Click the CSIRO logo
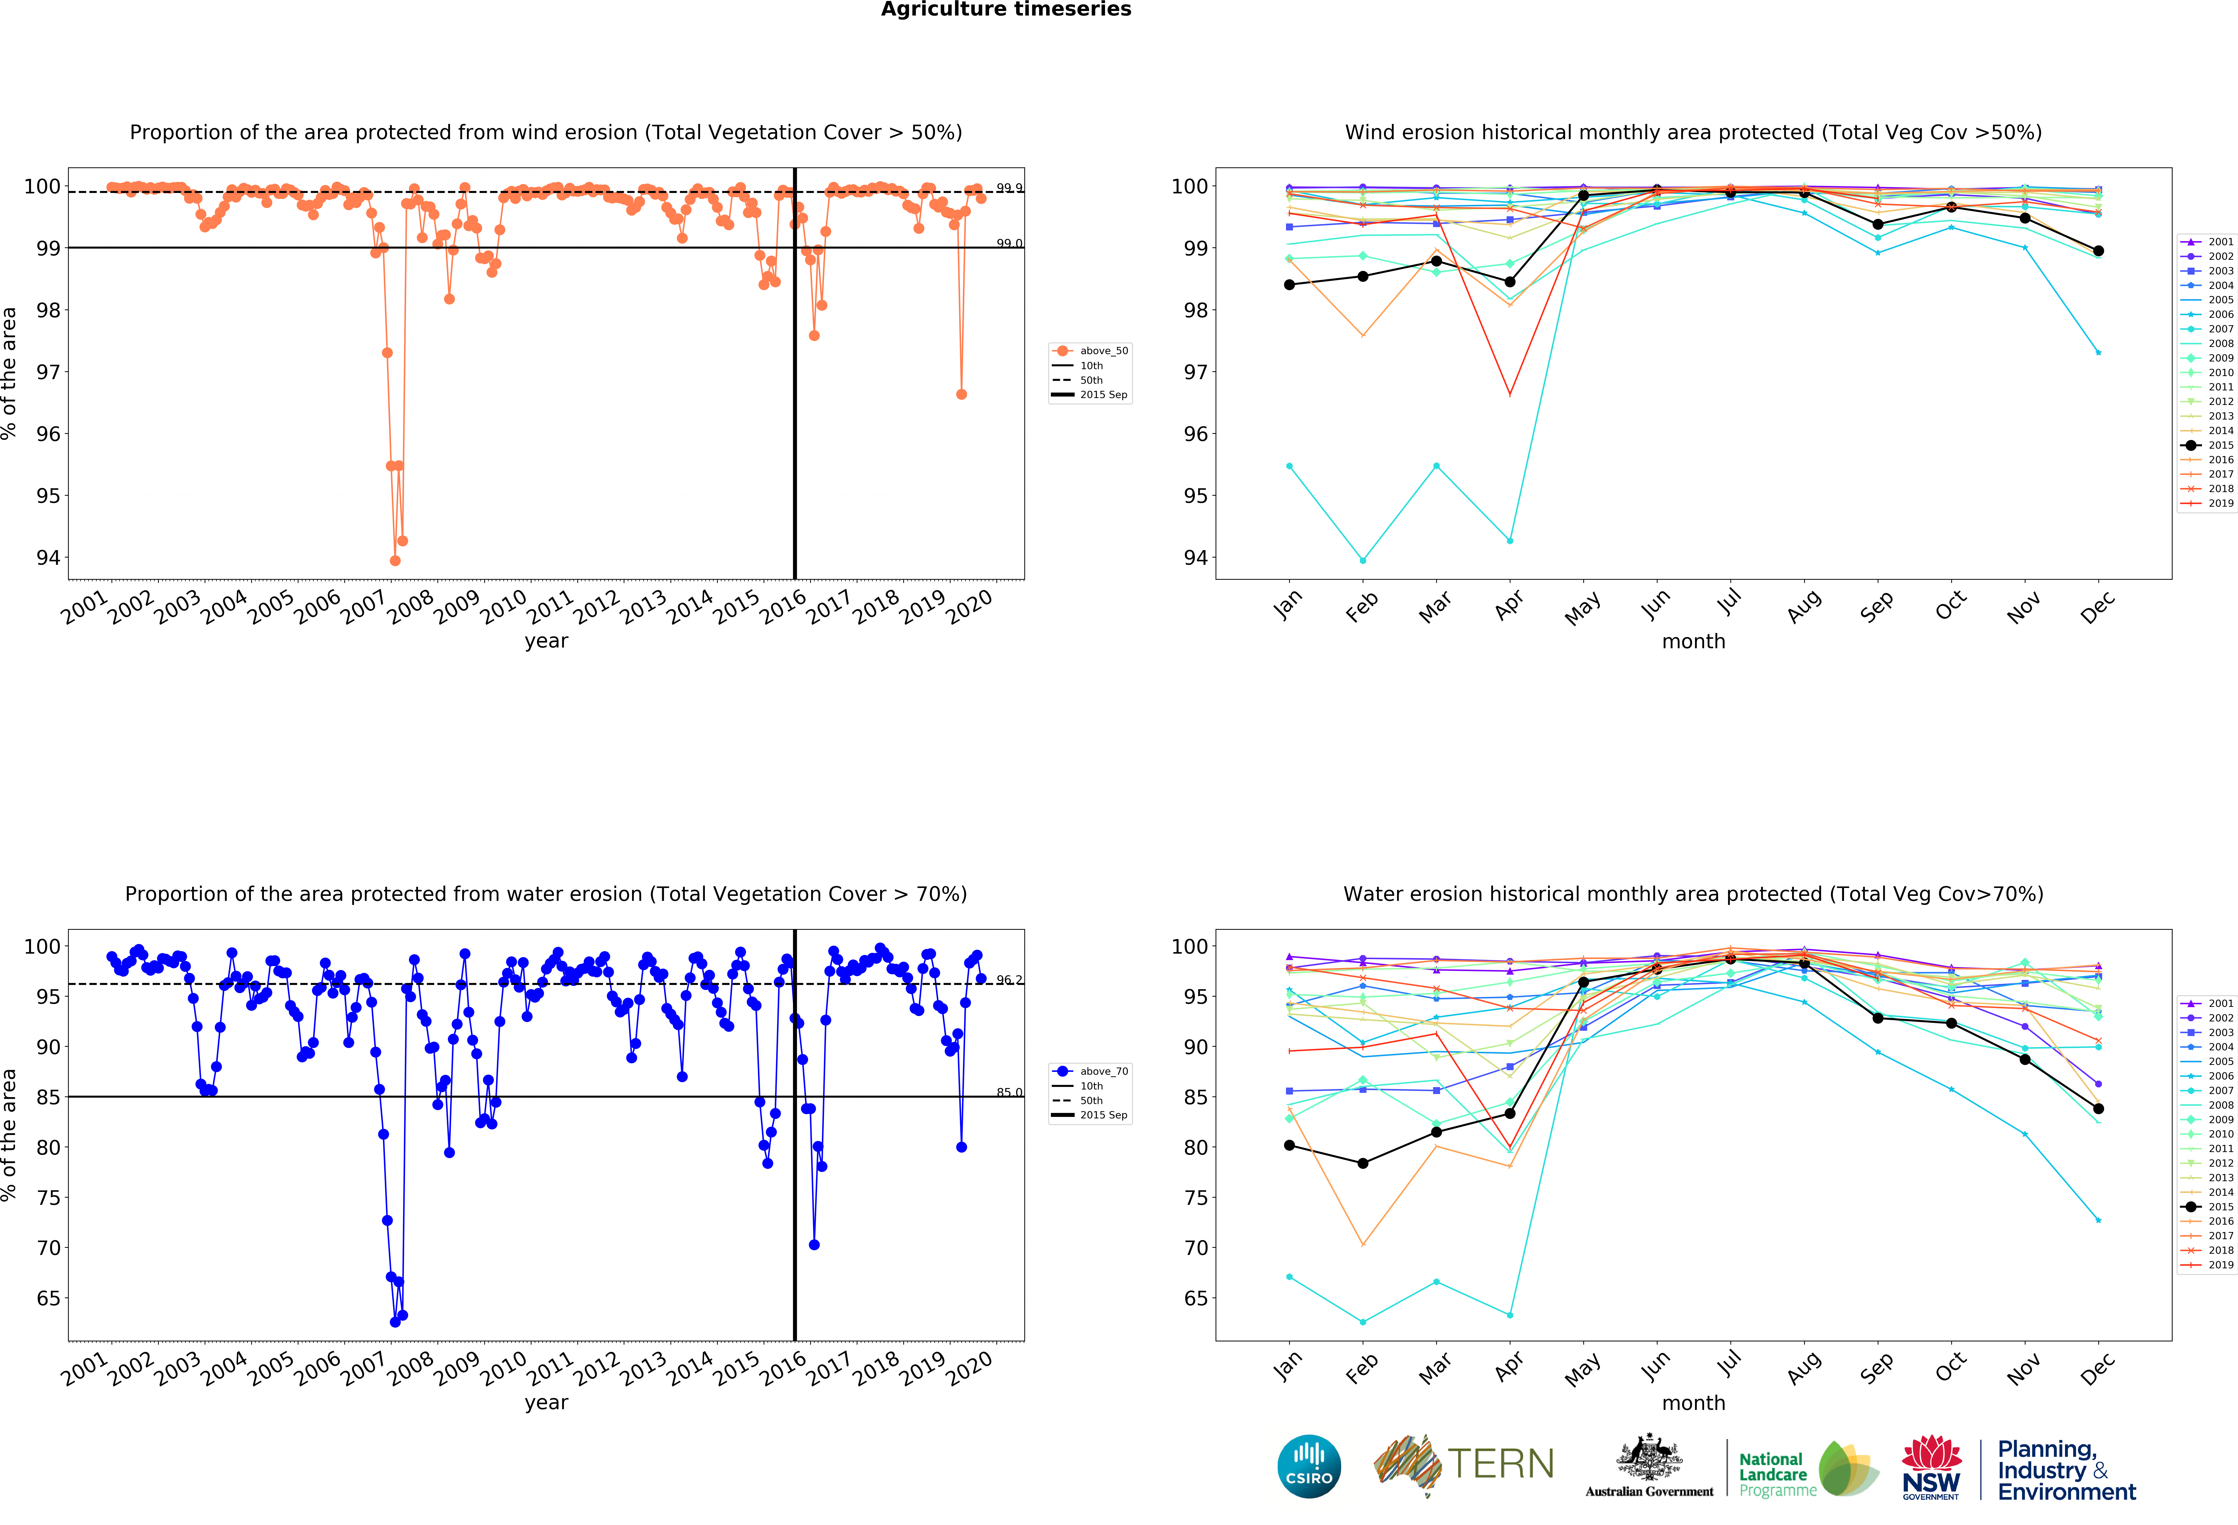(x=1309, y=1466)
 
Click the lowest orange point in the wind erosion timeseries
(x=395, y=560)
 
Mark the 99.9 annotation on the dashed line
(x=1009, y=188)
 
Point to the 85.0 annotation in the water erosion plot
(x=1009, y=1092)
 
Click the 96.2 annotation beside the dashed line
(x=1009, y=980)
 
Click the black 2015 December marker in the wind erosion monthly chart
(x=2098, y=250)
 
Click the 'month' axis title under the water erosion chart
(x=1693, y=1403)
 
